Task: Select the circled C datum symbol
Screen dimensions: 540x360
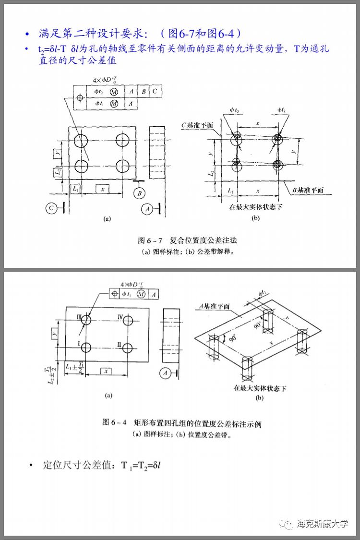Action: pyautogui.click(x=52, y=208)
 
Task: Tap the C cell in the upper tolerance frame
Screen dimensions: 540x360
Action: pyautogui.click(x=155, y=91)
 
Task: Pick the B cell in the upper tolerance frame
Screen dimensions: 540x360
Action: pyautogui.click(x=143, y=91)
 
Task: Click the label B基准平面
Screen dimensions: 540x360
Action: pyautogui.click(x=308, y=190)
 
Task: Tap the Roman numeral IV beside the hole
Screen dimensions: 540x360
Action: pyautogui.click(x=121, y=317)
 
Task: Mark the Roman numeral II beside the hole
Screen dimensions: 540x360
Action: pyautogui.click(x=119, y=344)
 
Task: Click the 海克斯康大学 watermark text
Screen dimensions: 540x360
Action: pyautogui.click(x=322, y=523)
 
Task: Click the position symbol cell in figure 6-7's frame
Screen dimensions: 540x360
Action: pyautogui.click(x=80, y=97)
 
